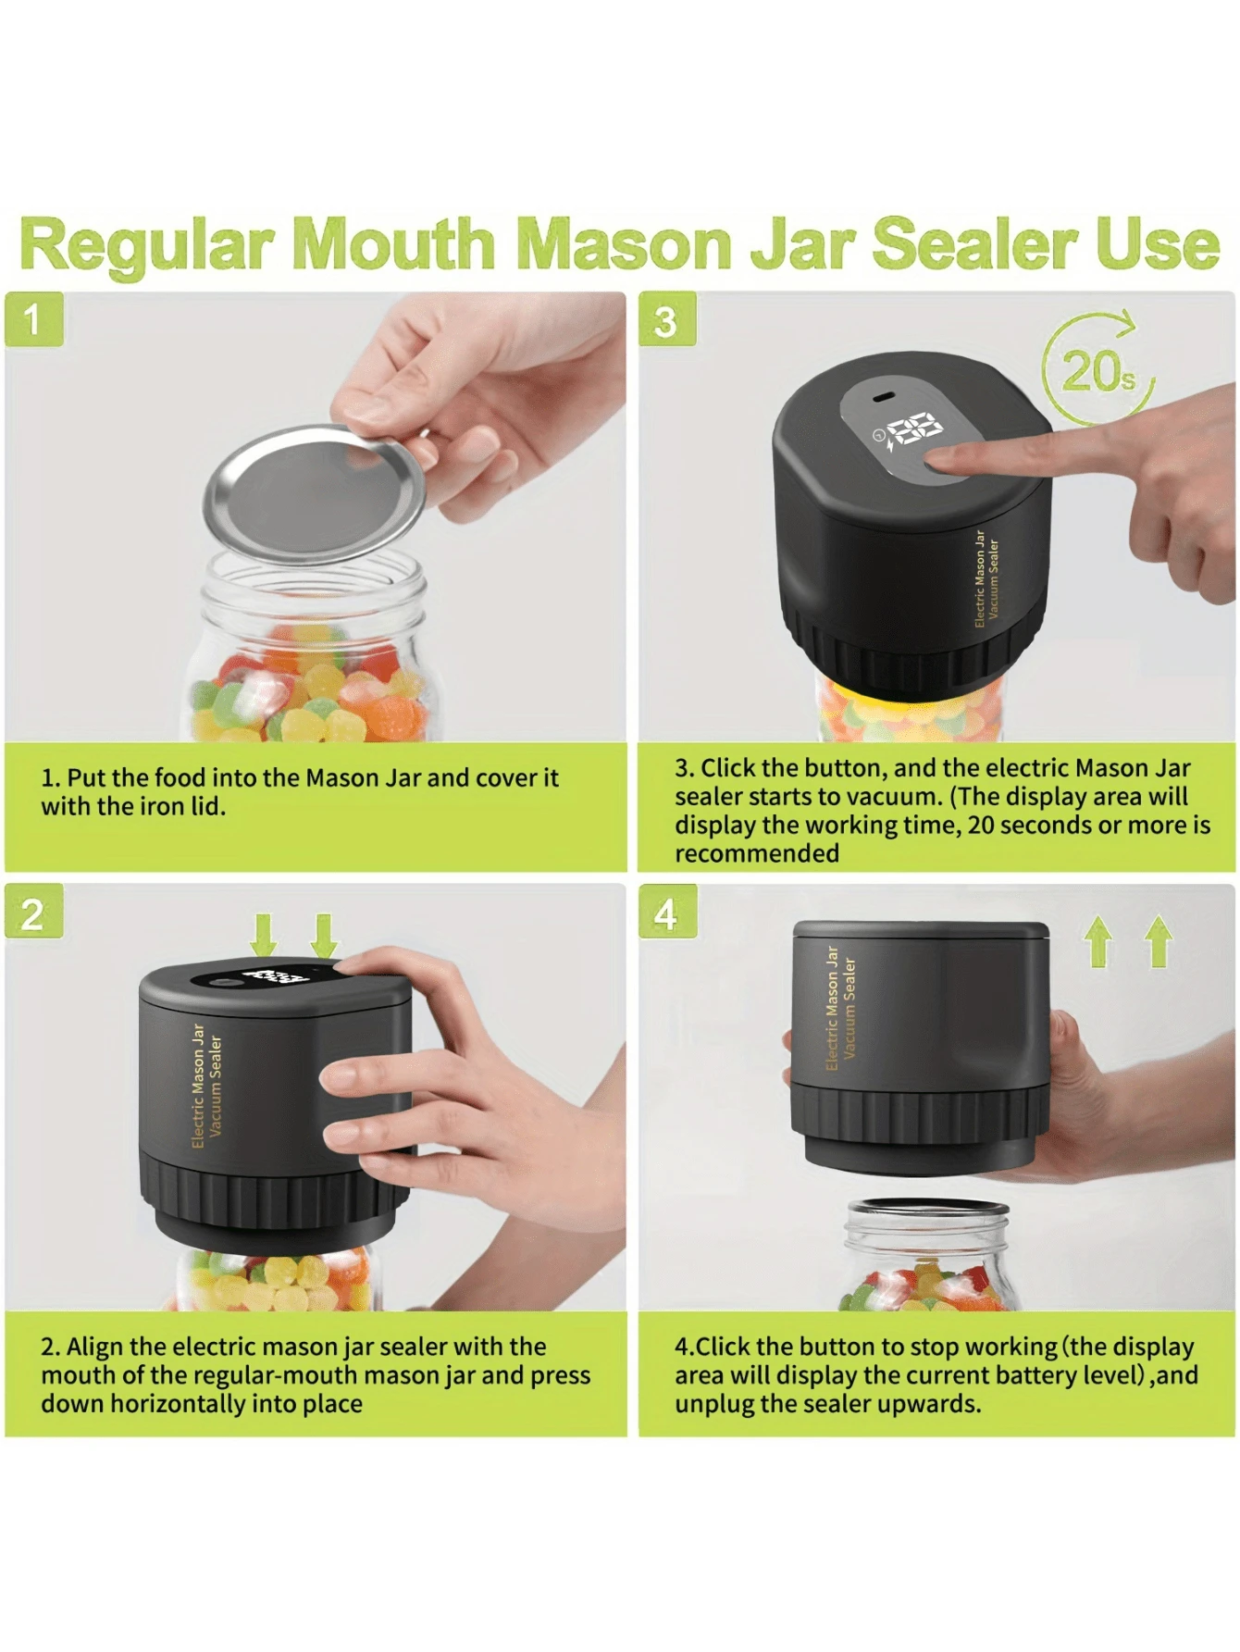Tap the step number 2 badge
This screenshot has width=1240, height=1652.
[x=33, y=913]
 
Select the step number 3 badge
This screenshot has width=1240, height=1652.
[x=667, y=320]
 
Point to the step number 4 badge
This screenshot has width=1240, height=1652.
[x=667, y=913]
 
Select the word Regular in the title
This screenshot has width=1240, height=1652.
[x=146, y=246]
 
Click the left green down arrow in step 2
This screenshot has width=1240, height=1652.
[x=264, y=936]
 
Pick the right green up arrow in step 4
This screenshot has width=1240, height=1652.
[x=1158, y=941]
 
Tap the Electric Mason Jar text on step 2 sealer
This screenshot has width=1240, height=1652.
[x=198, y=1085]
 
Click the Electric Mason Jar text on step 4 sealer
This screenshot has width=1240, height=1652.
[x=831, y=1008]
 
